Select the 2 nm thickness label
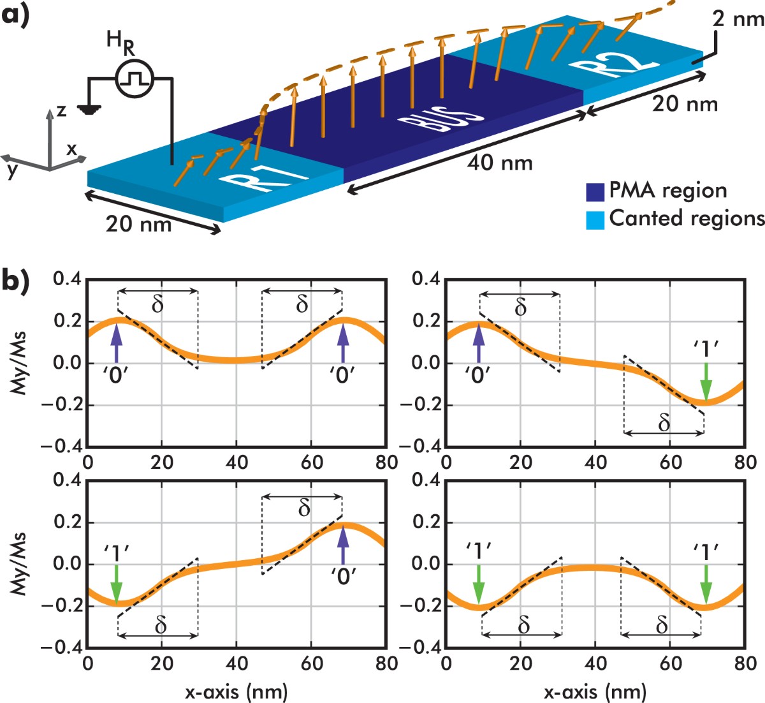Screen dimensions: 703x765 (738, 19)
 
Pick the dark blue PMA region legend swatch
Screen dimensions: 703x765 (595, 191)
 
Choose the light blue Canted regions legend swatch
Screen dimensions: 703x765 (595, 219)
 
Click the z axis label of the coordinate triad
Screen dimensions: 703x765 (62, 110)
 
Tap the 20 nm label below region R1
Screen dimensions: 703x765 (138, 225)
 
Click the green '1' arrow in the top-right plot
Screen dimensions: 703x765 (705, 380)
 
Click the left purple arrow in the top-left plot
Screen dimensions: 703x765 (117, 343)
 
